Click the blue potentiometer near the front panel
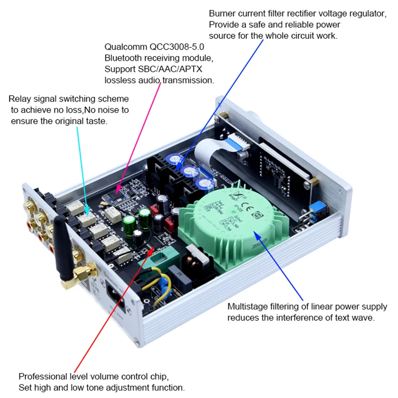coord(314,209)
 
